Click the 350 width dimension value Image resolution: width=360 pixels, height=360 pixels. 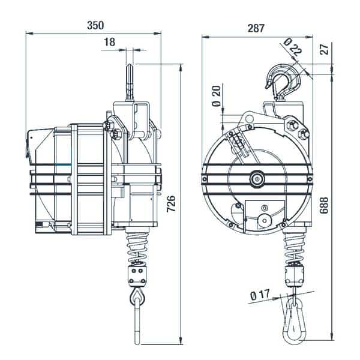pos(95,25)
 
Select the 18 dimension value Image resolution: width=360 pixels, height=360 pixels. pos(110,42)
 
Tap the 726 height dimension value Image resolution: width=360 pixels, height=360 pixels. pos(171,204)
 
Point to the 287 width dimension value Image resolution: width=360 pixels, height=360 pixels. pos(256,28)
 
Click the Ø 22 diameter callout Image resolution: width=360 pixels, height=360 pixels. pos(293,47)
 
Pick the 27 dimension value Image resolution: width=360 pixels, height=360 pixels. pos(325,49)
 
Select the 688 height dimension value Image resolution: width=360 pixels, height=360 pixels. pos(324,205)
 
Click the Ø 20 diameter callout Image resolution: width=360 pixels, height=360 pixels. pos(217,96)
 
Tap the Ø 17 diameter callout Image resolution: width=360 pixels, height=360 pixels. pos(260,295)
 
